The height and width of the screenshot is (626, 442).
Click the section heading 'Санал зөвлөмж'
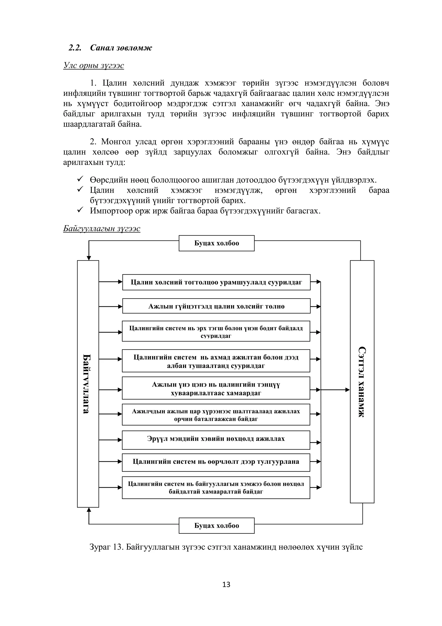click(121, 48)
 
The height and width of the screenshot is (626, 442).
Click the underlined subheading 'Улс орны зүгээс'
click(93, 65)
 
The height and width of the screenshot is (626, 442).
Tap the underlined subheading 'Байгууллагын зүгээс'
click(102, 228)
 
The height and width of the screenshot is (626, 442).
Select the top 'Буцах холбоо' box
click(216, 243)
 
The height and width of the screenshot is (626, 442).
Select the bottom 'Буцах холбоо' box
click(216, 525)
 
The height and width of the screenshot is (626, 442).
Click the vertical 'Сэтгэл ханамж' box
click(362, 382)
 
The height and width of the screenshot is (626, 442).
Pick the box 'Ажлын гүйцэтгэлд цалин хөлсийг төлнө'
click(216, 306)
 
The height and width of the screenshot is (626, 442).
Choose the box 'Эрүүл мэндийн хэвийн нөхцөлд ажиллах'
click(216, 439)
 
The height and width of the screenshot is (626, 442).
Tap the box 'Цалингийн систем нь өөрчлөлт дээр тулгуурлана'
click(216, 462)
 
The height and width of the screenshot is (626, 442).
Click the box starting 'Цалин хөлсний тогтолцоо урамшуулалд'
click(216, 282)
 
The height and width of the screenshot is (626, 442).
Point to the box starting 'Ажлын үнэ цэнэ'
click(216, 389)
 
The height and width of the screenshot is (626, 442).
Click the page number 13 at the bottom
click(226, 585)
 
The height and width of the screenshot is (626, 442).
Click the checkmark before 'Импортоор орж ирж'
click(80, 210)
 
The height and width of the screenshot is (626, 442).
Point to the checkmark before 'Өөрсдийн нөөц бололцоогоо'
click(80, 179)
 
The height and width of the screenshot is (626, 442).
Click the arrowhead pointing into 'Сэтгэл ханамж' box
click(347, 390)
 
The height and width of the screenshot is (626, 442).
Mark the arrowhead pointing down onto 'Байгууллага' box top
click(89, 258)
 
